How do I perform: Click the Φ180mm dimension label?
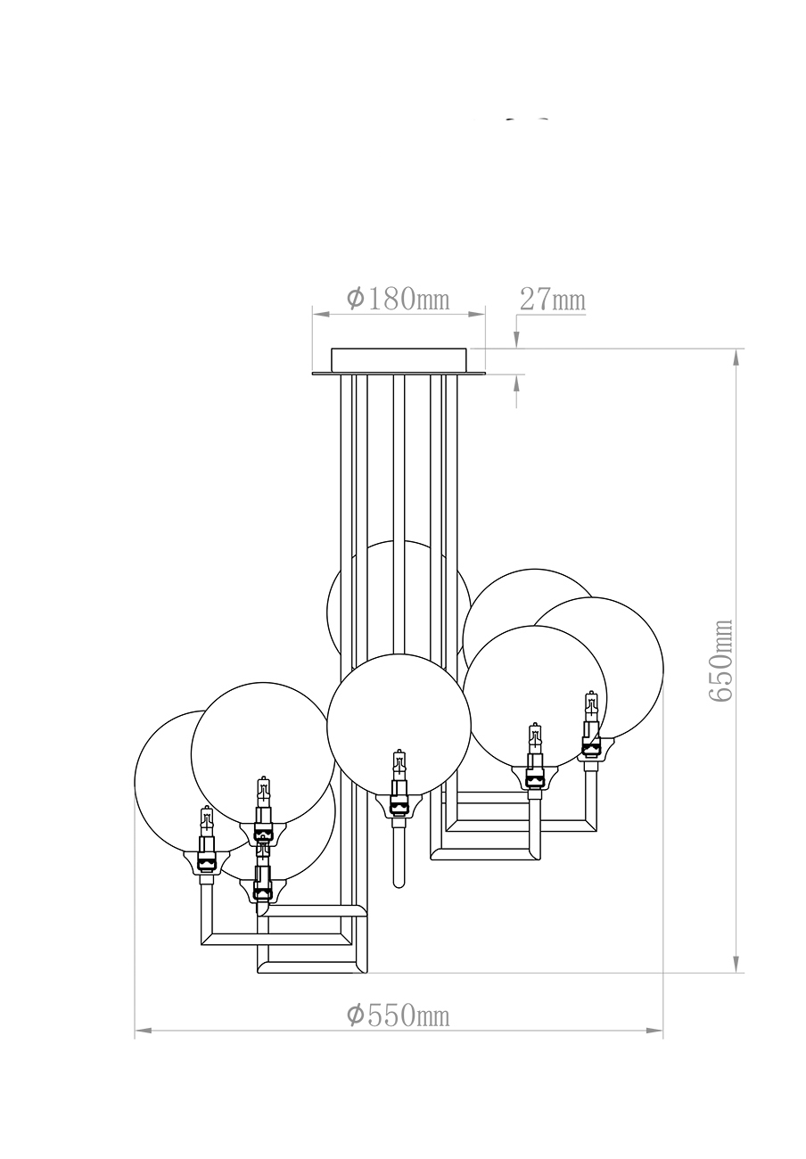[x=398, y=299]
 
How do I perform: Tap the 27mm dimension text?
[x=552, y=300]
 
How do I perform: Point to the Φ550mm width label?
[x=398, y=1015]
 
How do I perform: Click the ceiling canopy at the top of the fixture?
[x=399, y=360]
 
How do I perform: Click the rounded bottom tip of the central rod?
[x=399, y=884]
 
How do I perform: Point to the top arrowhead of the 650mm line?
[x=736, y=356]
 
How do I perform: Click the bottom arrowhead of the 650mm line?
[x=736, y=965]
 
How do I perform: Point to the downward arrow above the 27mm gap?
[x=516, y=340]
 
